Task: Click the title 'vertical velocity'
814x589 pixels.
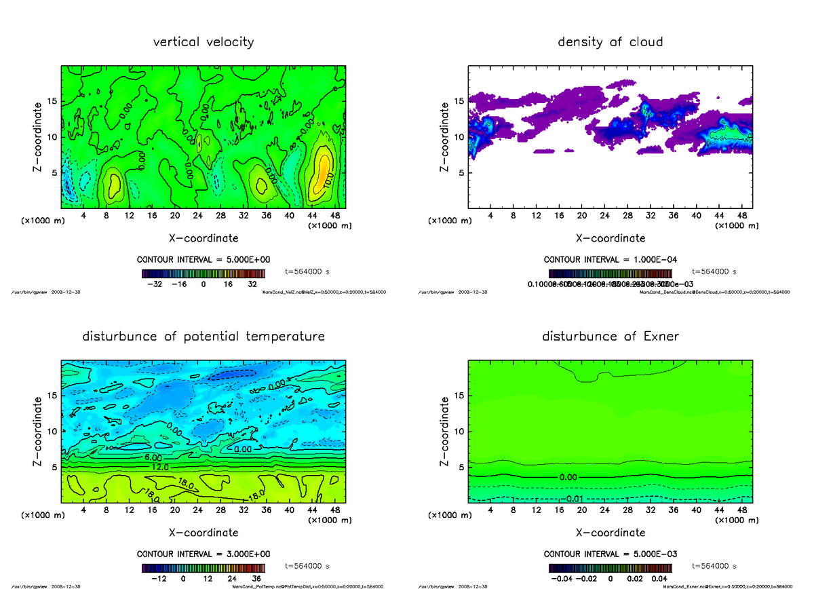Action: [203, 42]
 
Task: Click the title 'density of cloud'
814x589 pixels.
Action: [610, 42]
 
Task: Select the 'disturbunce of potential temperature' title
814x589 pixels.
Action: [203, 337]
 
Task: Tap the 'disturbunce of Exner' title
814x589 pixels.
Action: [610, 337]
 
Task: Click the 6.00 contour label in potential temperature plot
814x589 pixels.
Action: [152, 459]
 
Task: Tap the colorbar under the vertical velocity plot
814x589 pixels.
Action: [203, 273]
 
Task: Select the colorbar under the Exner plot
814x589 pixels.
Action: [610, 568]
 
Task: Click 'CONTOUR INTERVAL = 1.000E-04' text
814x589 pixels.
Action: [610, 260]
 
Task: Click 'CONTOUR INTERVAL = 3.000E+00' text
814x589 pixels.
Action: [203, 554]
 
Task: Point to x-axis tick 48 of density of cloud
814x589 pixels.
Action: [742, 216]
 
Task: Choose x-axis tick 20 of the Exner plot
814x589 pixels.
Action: [581, 510]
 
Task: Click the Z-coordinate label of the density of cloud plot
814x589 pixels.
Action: [445, 136]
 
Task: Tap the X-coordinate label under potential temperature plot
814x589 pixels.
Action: [203, 533]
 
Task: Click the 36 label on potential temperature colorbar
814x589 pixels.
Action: [256, 579]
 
